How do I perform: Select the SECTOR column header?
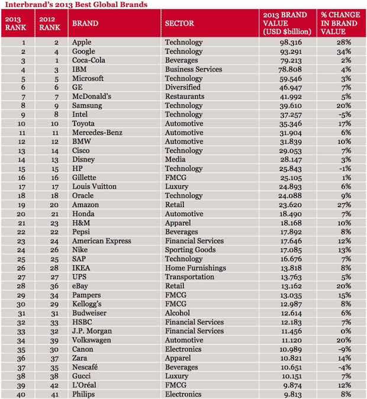coord(179,24)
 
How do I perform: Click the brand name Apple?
coord(82,42)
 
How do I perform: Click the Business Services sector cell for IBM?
coord(194,69)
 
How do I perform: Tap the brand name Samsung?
coord(87,105)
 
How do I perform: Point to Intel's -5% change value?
coord(344,114)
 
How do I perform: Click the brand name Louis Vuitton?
coord(94,186)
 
